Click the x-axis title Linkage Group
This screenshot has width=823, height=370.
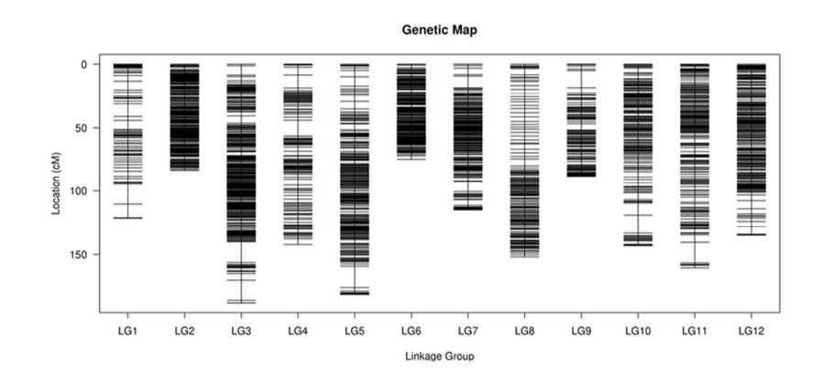[x=439, y=354]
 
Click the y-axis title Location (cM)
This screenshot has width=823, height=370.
[x=56, y=183]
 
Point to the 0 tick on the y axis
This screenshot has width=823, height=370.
[x=82, y=65]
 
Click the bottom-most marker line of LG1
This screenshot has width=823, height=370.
[x=127, y=218]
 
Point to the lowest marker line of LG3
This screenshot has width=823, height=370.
[x=241, y=301]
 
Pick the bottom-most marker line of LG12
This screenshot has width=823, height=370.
[x=752, y=234]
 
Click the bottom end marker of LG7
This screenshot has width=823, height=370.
[x=467, y=210]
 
